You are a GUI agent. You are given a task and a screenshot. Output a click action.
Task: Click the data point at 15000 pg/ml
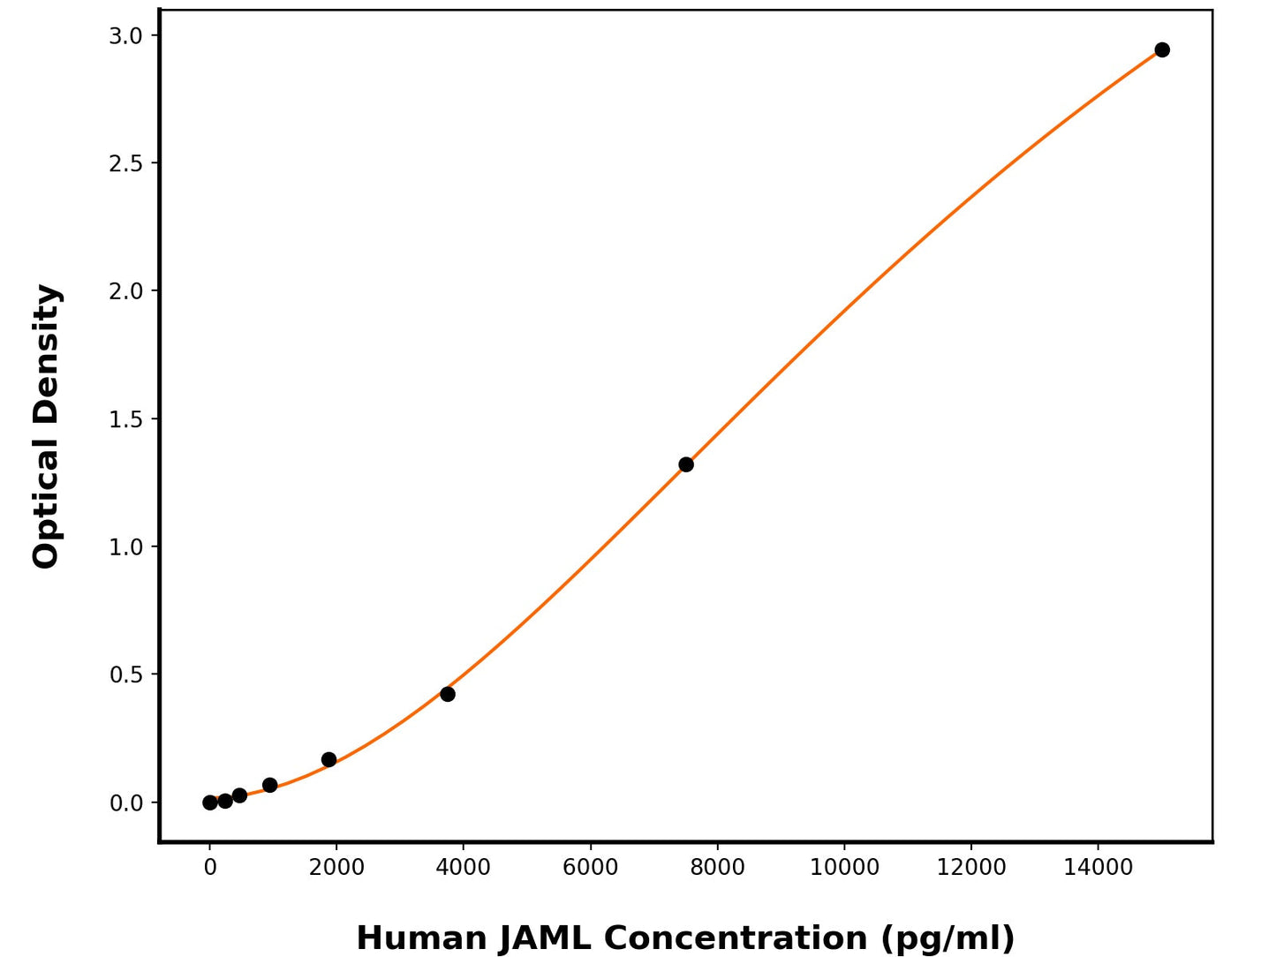(1162, 49)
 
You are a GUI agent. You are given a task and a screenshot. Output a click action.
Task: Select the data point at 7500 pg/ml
(686, 464)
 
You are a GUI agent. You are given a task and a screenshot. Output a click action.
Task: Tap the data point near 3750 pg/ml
(448, 694)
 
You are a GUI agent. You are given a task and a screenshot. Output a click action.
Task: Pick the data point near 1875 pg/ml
(328, 759)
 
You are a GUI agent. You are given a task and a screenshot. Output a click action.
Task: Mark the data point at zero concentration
(210, 803)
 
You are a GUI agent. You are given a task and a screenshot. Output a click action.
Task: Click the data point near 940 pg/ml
(270, 785)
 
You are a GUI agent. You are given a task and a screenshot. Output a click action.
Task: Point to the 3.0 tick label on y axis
(125, 35)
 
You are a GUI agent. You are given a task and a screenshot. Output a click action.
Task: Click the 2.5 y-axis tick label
(125, 163)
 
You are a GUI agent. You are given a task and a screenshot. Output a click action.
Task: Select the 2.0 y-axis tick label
(125, 291)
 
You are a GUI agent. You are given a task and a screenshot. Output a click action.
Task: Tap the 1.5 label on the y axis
(125, 419)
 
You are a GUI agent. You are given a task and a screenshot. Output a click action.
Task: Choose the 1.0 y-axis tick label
(125, 547)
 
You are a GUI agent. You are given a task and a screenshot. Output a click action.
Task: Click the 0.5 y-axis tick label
(125, 675)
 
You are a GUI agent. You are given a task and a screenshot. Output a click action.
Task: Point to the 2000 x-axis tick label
(336, 868)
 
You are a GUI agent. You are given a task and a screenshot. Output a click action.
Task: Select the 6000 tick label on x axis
(591, 868)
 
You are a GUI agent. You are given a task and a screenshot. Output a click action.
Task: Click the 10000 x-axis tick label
(844, 868)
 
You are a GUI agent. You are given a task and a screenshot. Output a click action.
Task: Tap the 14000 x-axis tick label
(1098, 868)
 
